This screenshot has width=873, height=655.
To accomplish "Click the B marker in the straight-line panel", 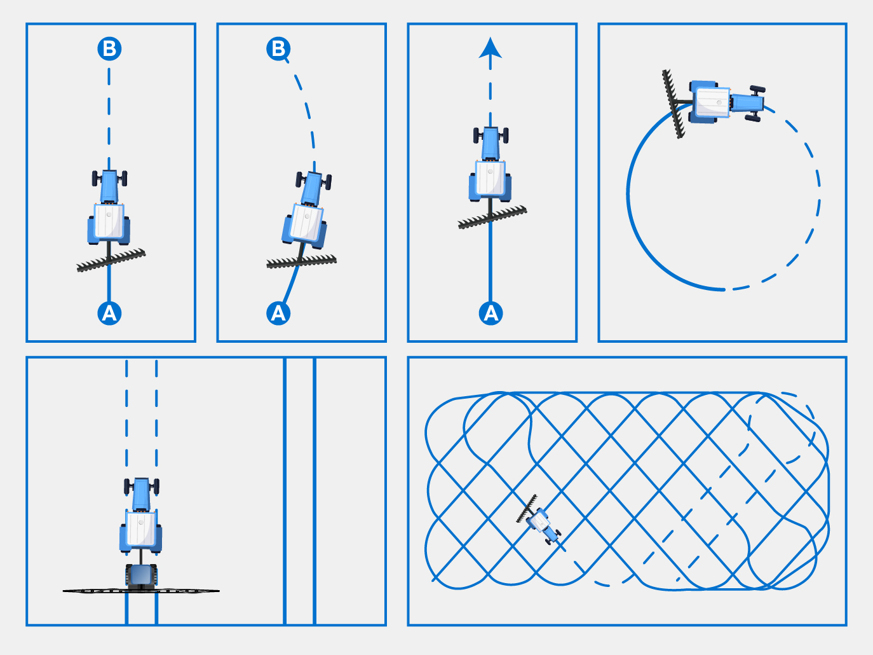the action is coord(109,48).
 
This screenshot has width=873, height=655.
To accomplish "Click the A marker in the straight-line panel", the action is coord(109,313).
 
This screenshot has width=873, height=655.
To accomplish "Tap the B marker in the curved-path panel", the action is coord(278,48).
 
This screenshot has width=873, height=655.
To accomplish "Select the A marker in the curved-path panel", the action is coord(278,313).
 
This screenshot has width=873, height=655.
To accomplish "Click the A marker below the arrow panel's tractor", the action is coord(491,313).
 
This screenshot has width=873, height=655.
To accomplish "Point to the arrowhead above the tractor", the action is coord(490,48).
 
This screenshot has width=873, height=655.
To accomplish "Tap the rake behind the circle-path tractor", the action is coord(673,104).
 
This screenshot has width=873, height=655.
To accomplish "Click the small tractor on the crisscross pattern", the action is coord(543,525).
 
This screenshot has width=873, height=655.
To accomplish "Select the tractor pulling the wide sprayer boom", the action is coord(141,516).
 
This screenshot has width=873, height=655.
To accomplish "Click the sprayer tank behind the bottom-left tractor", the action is coord(141,576).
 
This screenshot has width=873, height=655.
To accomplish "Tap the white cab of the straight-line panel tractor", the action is coord(109,221).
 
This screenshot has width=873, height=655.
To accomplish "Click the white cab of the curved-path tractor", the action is coord(306,223).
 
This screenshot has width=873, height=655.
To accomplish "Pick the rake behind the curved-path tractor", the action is coord(301,261).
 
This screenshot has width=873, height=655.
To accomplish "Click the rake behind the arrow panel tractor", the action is coord(492,217).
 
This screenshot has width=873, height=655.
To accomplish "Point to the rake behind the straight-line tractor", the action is coord(111,260).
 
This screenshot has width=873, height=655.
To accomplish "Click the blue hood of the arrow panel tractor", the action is coord(491,144).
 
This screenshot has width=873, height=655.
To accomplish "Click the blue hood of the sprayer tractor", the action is coord(141,495).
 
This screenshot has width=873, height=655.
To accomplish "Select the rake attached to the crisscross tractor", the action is coord(527,509).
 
